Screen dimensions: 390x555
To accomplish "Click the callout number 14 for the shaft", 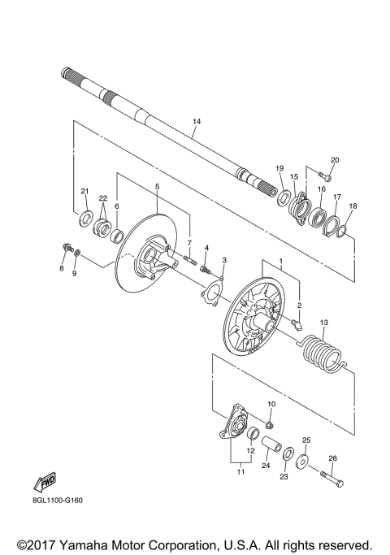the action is (x=197, y=121).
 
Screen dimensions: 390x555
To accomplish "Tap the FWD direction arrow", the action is (x=45, y=482).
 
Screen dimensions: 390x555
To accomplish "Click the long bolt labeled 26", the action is (x=331, y=479).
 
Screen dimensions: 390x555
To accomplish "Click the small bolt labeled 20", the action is (x=324, y=176).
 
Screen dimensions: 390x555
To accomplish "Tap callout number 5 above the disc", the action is (x=157, y=186).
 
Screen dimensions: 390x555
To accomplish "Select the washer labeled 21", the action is (x=85, y=219).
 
